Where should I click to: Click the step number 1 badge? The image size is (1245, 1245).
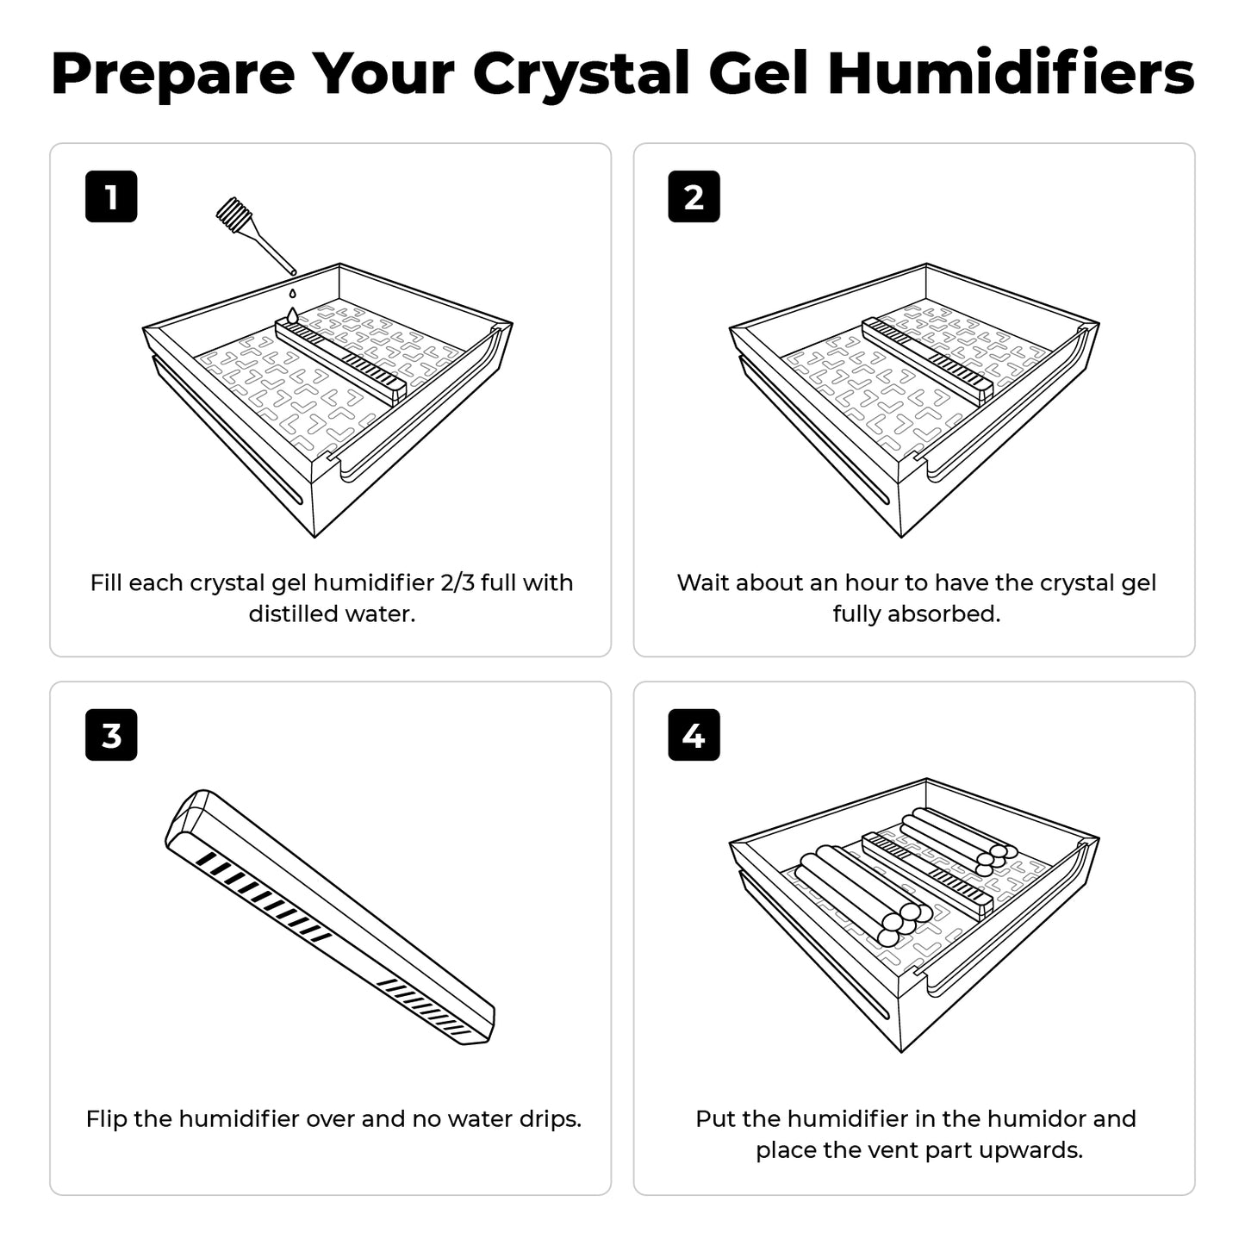(x=111, y=197)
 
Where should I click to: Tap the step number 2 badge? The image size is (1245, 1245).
(x=694, y=197)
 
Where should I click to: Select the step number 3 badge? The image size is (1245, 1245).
(x=111, y=736)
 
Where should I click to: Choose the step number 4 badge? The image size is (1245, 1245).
(x=694, y=736)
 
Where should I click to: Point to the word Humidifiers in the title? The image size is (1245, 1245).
(x=1011, y=74)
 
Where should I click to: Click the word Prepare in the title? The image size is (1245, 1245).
(x=172, y=74)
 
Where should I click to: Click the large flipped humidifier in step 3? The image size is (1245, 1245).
(x=329, y=917)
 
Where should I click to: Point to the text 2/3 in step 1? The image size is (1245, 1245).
(x=457, y=583)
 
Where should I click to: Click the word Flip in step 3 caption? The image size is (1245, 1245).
(x=107, y=1119)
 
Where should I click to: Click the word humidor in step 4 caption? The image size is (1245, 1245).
(x=1024, y=1119)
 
